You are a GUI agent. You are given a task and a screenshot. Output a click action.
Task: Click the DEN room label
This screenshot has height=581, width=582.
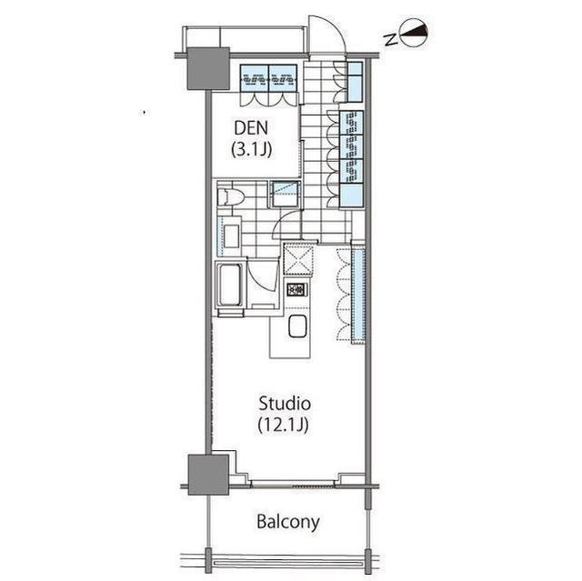(251, 128)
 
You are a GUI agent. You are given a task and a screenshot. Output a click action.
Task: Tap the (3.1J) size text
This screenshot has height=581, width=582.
(251, 149)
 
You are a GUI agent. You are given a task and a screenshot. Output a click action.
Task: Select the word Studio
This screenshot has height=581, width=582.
(285, 404)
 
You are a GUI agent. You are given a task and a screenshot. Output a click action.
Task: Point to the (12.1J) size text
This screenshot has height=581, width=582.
(283, 425)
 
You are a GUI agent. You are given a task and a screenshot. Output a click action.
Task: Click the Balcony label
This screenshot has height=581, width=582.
(288, 522)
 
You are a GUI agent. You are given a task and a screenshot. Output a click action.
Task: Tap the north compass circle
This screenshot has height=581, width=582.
(415, 35)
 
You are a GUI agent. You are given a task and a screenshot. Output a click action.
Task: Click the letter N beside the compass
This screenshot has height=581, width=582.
(390, 39)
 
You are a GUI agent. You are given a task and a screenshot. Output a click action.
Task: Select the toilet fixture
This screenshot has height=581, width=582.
(230, 196)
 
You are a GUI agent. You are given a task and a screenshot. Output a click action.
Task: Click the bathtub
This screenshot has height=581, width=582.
(230, 285)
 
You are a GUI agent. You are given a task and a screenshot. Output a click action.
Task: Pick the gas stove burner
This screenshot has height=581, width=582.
(296, 289)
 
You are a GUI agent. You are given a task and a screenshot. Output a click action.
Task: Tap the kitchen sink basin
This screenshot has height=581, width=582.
(297, 326)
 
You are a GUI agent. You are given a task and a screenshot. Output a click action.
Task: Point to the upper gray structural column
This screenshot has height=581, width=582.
(208, 68)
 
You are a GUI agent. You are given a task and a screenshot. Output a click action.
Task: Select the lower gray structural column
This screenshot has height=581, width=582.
(208, 475)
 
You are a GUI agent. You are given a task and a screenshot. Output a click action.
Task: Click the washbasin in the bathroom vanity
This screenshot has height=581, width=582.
(231, 236)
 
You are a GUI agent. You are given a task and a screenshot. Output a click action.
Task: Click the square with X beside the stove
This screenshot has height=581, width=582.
(298, 259)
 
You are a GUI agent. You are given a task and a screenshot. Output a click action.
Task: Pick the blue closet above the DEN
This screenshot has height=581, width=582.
(268, 78)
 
